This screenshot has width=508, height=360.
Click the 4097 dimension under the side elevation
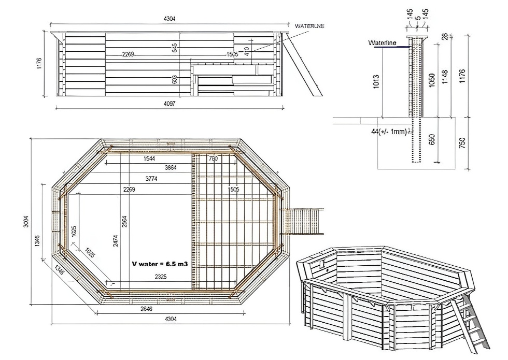coord(170,103)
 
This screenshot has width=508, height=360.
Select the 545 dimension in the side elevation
coord(175,48)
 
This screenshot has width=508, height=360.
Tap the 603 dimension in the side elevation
coord(175,80)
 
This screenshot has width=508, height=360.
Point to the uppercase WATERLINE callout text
coord(309,25)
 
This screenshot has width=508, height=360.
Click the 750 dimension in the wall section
coord(463,142)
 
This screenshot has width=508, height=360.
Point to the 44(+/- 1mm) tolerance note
coord(389,132)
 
